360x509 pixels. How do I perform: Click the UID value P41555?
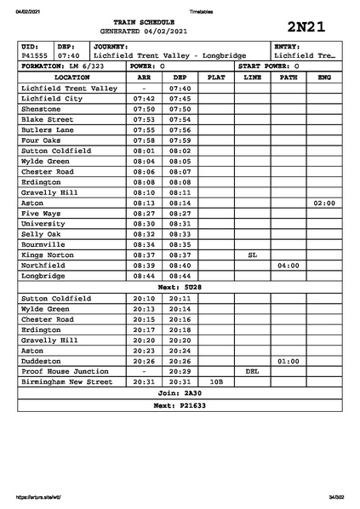pos(35,55)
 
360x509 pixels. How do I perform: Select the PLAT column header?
pos(216,77)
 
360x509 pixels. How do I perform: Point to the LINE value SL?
pos(252,254)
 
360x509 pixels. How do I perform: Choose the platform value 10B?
pos(216,382)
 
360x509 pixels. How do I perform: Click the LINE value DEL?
pos(252,372)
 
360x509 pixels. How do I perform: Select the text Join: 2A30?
pos(180,394)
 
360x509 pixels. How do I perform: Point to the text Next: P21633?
pos(180,406)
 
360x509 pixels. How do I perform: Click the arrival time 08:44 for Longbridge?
pos(144,276)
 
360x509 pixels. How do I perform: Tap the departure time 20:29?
pos(180,372)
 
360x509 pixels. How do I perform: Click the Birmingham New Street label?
pos(66,382)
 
